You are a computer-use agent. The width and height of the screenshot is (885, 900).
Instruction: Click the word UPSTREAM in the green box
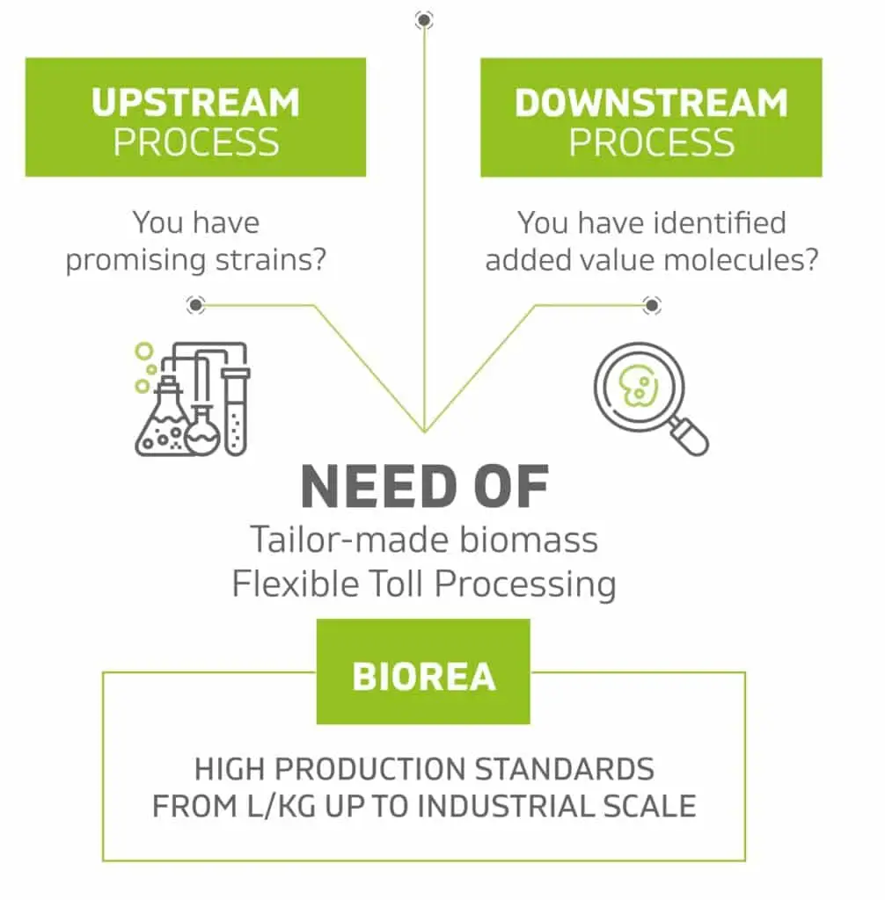195,103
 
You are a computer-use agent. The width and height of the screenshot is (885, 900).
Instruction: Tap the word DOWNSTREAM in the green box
651,103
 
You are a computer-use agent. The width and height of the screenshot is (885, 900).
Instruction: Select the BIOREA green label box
423,671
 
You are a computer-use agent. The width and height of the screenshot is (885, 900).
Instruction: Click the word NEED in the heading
378,487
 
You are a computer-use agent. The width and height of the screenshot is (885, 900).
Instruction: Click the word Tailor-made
350,540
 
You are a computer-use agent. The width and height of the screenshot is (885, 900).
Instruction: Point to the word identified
720,222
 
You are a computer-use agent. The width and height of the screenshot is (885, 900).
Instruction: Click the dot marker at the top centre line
424,21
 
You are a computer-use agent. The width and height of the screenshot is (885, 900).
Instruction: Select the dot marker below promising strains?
195,305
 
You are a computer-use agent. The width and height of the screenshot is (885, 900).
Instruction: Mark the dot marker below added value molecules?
652,305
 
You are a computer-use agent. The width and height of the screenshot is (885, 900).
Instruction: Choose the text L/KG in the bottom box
282,806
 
